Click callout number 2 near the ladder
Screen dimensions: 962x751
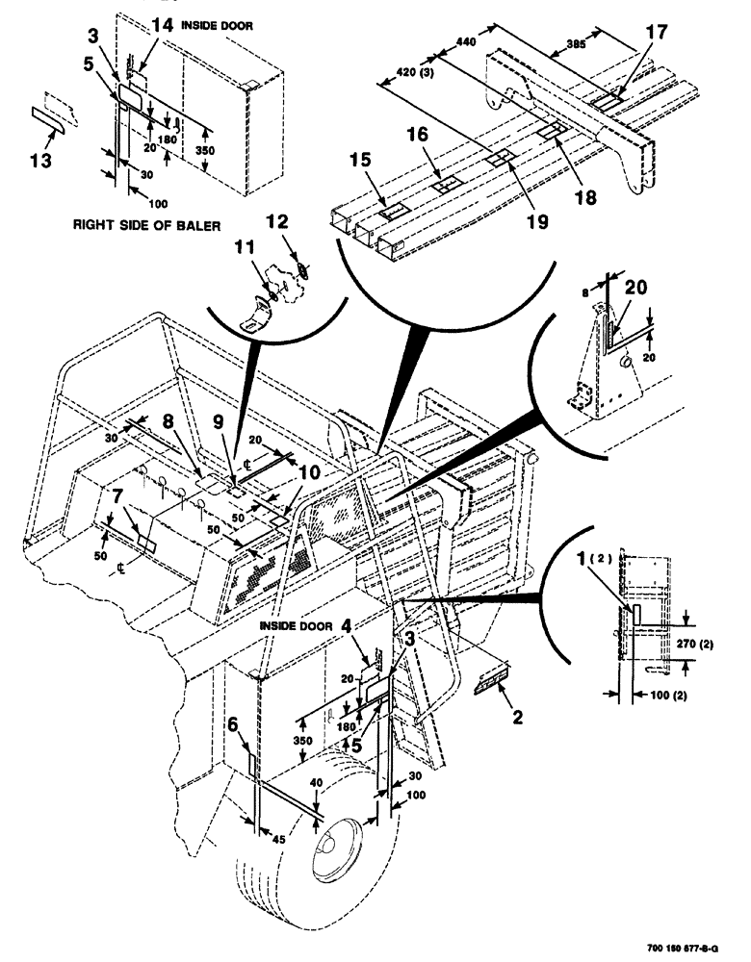pos(518,717)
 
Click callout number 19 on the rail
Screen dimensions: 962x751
pos(536,221)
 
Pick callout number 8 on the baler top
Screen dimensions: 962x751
pos(167,421)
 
